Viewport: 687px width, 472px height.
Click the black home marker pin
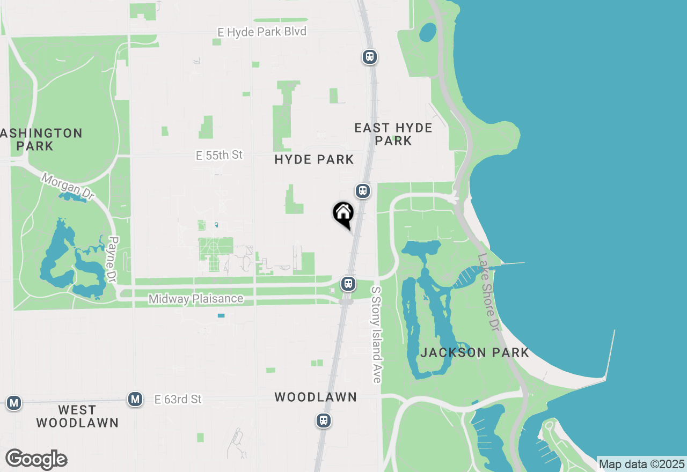click(x=343, y=213)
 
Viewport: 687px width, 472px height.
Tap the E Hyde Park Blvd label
click(x=262, y=32)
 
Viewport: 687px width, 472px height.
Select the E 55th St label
click(x=219, y=156)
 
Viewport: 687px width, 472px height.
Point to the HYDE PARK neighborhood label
click(x=314, y=159)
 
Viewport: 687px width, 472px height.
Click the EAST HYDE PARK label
click(x=393, y=134)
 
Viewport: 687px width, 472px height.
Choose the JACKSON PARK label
click(x=475, y=352)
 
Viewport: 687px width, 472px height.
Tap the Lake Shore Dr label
click(x=488, y=291)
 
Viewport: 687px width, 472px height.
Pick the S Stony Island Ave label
click(x=376, y=335)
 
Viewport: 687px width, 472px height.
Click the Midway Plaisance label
click(x=196, y=299)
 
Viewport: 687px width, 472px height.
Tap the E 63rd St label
click(x=178, y=400)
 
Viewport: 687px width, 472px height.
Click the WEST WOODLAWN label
click(x=77, y=416)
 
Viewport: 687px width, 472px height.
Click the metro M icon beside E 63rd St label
click(x=135, y=399)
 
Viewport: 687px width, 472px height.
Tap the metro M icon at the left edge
click(x=14, y=402)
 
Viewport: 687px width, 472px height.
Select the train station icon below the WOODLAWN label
click(x=323, y=421)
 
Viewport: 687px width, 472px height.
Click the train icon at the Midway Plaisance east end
click(x=348, y=283)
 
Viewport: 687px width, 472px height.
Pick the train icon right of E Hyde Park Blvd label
click(x=369, y=56)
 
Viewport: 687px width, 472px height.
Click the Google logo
click(x=36, y=460)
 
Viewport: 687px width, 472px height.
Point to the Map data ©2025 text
click(x=642, y=464)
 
